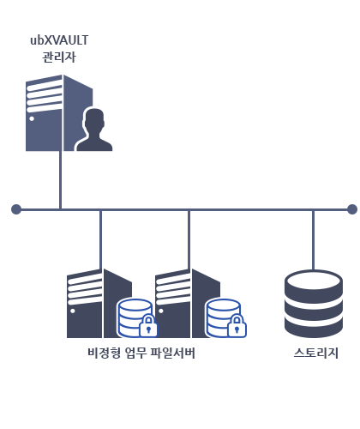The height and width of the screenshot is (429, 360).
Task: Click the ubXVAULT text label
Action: (x=59, y=40)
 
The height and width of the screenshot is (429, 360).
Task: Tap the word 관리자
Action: (x=59, y=57)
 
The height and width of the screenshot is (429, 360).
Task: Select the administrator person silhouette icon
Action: (x=94, y=130)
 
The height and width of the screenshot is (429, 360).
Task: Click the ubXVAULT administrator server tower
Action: (x=59, y=112)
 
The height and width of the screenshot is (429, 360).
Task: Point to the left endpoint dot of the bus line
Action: (x=16, y=209)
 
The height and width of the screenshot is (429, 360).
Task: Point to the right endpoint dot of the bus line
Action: (x=352, y=209)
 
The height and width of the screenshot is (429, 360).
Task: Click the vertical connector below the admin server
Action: (x=60, y=180)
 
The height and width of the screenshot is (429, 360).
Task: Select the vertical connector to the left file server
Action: (x=100, y=239)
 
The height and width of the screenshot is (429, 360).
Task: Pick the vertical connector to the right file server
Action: (x=189, y=239)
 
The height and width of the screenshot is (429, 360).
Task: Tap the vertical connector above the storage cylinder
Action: (x=314, y=240)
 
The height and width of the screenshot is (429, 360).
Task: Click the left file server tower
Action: (x=99, y=304)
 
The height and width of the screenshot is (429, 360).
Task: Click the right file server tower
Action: (x=187, y=304)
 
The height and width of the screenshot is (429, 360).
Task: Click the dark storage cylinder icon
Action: (x=314, y=304)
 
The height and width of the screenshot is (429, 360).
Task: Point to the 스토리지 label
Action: (x=316, y=353)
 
